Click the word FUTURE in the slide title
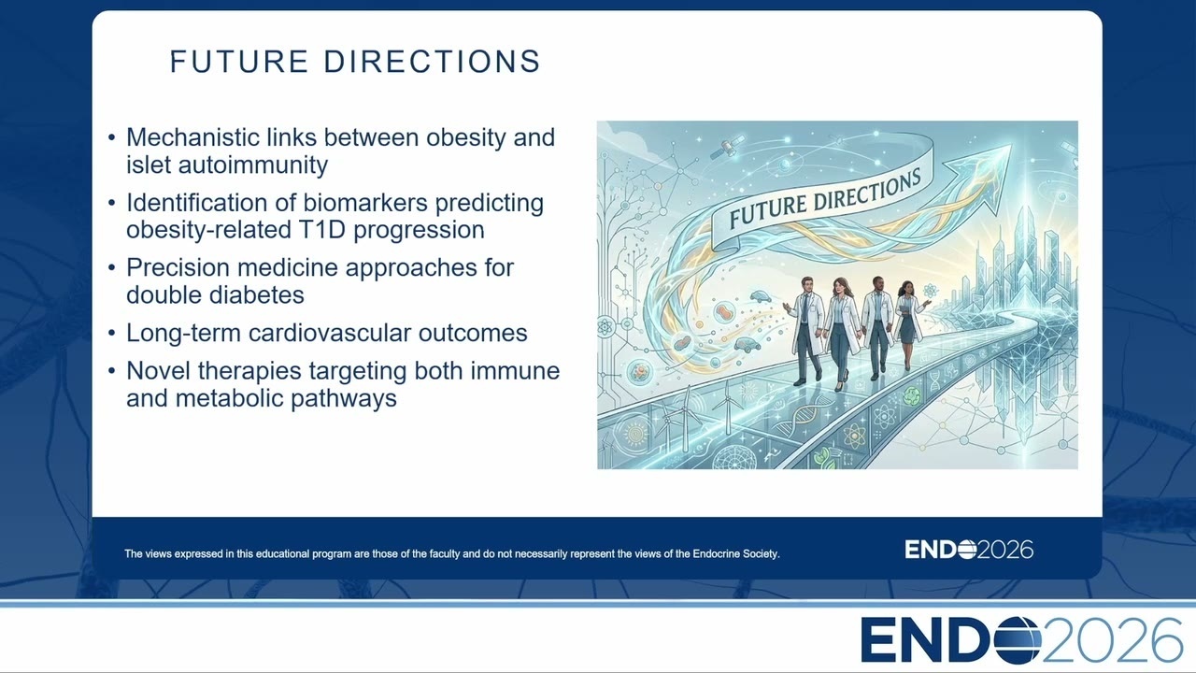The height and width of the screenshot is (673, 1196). pyautogui.click(x=238, y=62)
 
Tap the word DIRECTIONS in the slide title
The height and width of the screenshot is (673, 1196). pyautogui.click(x=433, y=62)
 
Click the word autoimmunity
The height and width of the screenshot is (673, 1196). pyautogui.click(x=252, y=165)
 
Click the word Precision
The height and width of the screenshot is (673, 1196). pyautogui.click(x=178, y=267)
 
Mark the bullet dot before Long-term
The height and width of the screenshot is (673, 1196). pyautogui.click(x=111, y=334)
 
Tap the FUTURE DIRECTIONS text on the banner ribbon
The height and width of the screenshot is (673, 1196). pyautogui.click(x=825, y=199)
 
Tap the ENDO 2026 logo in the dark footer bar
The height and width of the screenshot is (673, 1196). pyautogui.click(x=969, y=550)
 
